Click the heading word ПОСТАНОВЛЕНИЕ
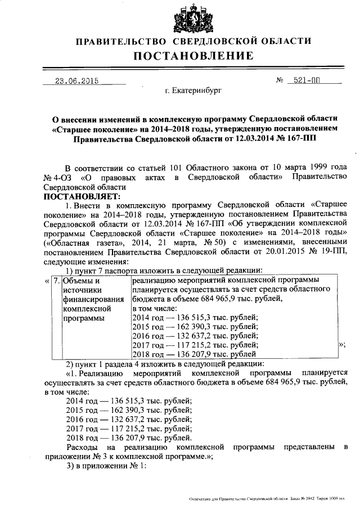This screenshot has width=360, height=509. coord(193,56)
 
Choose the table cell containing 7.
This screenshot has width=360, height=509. coord(55,280)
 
